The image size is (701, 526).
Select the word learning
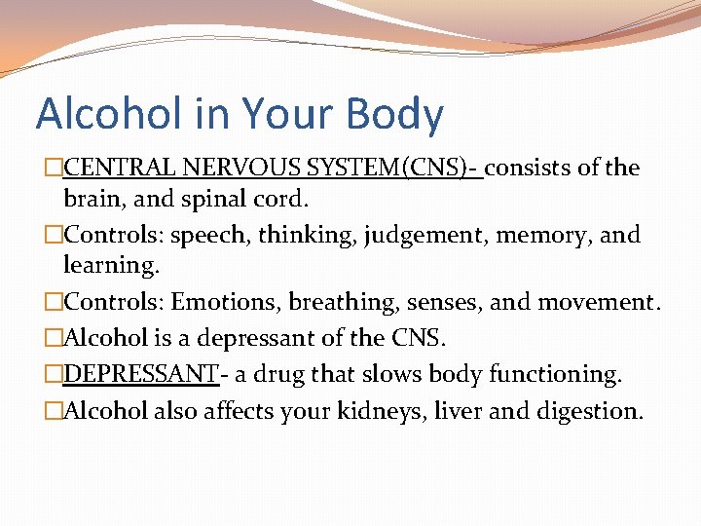tap(108, 265)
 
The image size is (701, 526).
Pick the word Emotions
tap(224, 302)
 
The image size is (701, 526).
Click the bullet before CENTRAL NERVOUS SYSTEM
tap(55, 168)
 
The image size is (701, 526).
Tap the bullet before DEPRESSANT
tap(55, 374)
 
